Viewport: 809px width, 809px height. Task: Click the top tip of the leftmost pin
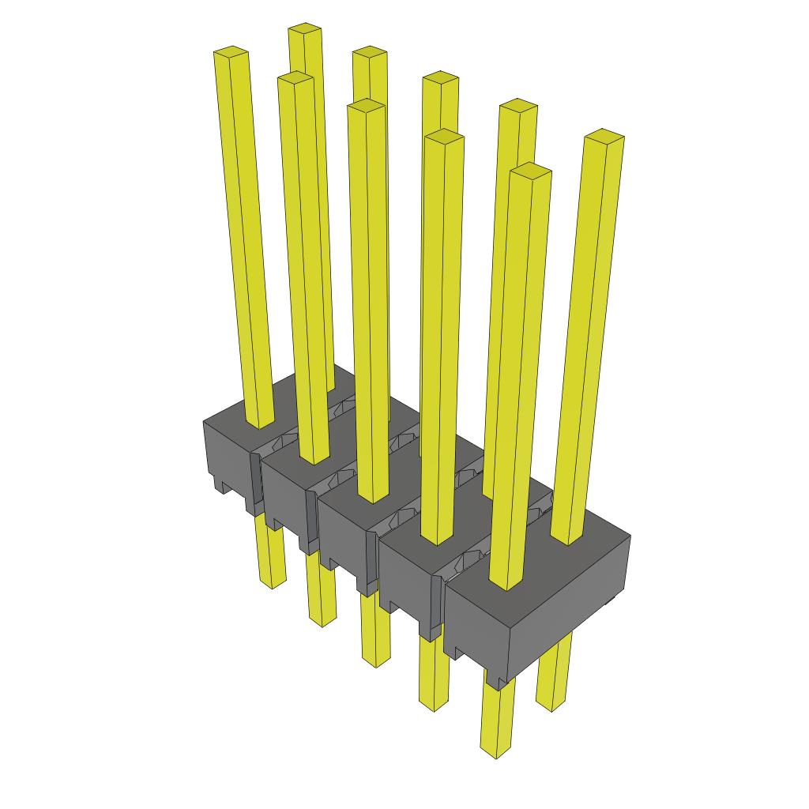[x=231, y=53]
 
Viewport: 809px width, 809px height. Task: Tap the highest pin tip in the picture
[x=304, y=30]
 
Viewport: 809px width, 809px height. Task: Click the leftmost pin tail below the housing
[x=271, y=557]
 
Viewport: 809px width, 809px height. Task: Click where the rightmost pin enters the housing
[x=567, y=537]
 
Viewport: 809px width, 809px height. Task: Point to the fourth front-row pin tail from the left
[x=434, y=672]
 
